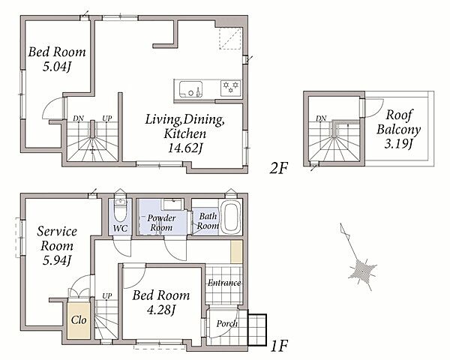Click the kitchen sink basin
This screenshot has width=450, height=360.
coord(190,89)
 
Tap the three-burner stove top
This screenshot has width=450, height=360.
coord(231,88)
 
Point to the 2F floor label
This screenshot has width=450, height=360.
coord(279,168)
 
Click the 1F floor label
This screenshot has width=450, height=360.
coord(279,346)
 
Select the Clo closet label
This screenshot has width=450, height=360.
coord(79,319)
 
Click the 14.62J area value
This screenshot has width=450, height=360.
coord(185,148)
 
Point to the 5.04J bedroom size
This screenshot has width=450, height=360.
coord(57,67)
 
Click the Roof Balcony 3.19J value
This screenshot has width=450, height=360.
coord(398,143)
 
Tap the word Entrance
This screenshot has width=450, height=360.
coord(224,283)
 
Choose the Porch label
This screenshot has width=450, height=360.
coord(226,324)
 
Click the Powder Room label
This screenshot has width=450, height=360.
coord(161,223)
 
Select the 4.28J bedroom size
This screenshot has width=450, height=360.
coord(160,310)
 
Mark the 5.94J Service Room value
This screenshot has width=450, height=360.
coord(57,260)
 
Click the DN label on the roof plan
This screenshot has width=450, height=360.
coord(321,118)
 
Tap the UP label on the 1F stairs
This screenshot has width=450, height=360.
coord(107,296)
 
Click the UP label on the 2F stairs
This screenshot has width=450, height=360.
coord(107,118)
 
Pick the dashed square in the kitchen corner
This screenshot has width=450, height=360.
coord(230,39)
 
